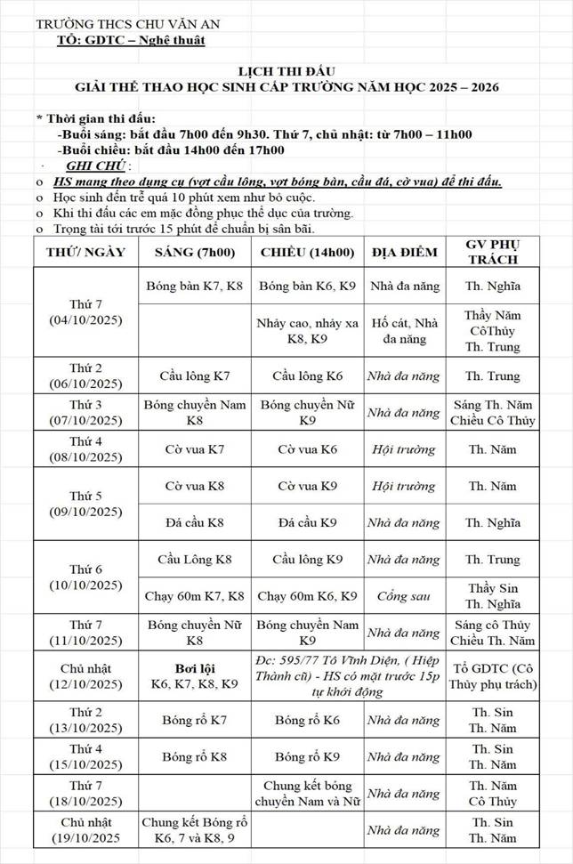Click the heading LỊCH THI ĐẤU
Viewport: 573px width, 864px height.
coord(286,69)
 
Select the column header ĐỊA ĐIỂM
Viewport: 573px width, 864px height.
coord(404,252)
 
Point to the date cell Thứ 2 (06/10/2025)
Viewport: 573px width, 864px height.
coord(85,375)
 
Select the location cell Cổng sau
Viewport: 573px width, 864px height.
coord(404,596)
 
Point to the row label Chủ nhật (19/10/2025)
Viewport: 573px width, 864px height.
coord(85,829)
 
